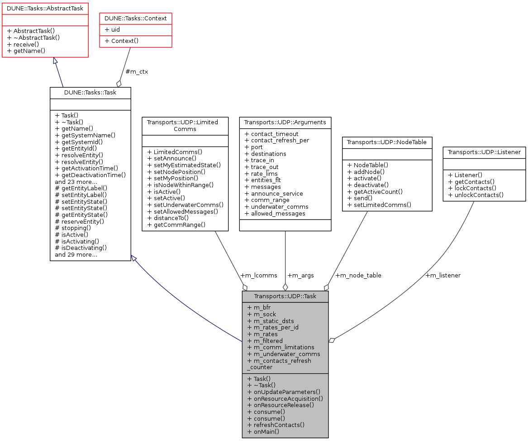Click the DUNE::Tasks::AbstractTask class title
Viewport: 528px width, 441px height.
45,8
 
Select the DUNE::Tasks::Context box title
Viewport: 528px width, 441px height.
136,18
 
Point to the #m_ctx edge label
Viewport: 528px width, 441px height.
137,72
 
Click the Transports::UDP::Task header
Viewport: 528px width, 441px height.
285,297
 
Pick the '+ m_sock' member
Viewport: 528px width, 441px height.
262,314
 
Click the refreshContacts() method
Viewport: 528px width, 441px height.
276,425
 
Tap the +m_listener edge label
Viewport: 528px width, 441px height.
443,275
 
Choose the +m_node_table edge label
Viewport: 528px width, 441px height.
358,275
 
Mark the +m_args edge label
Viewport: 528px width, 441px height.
300,275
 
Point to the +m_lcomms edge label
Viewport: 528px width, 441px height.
259,275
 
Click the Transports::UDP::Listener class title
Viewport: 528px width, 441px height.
484,152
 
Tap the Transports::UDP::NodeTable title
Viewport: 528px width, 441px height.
387,142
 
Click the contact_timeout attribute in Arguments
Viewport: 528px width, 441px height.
271,134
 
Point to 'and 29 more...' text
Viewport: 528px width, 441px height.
76,254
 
